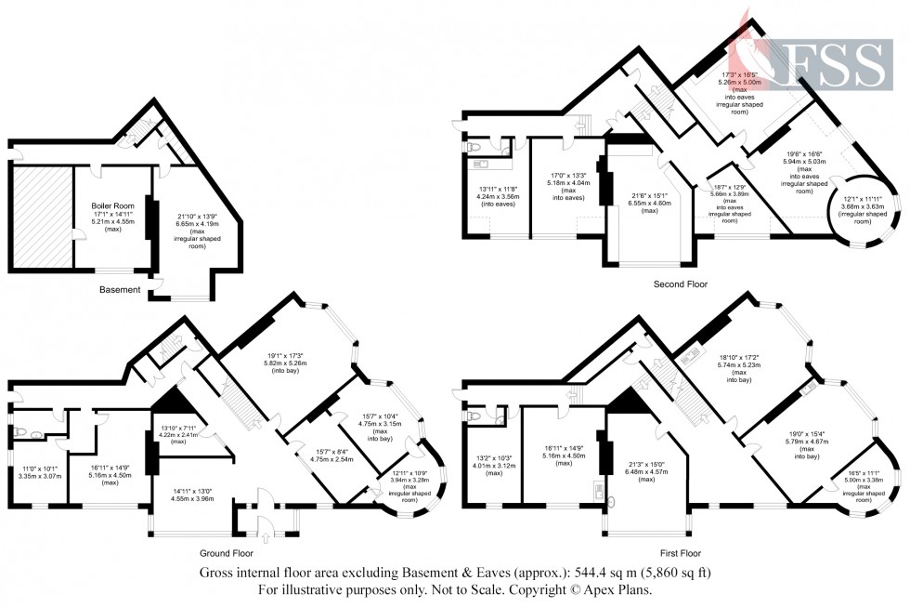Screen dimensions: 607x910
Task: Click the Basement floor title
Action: coord(120,290)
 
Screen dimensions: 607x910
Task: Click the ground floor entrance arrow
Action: coord(266,536)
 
